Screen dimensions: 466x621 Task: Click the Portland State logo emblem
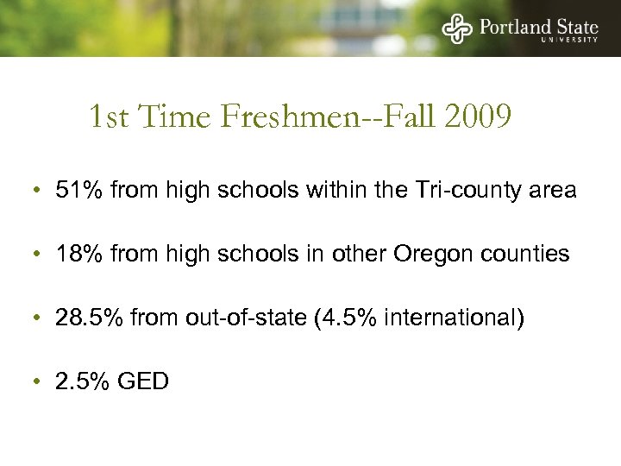pyautogui.click(x=457, y=28)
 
